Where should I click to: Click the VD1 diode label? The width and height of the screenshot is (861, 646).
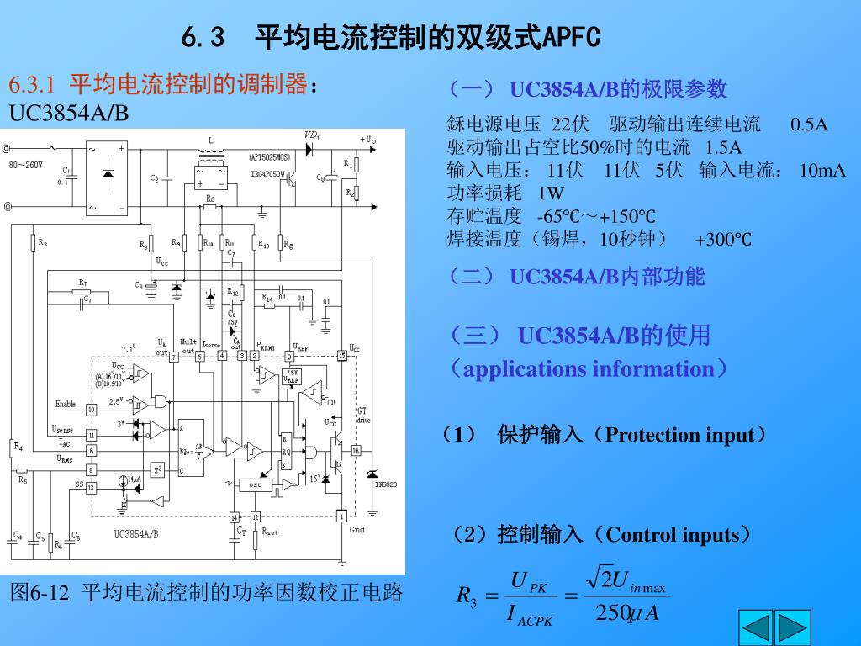[x=312, y=135]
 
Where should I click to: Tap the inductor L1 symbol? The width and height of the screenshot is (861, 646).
[x=212, y=159]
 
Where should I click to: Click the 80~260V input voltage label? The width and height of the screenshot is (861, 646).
[x=26, y=165]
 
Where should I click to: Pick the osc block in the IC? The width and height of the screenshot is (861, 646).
[x=255, y=484]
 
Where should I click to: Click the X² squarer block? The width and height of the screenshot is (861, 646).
[x=156, y=469]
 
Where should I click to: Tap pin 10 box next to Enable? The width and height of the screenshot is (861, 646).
[x=92, y=408]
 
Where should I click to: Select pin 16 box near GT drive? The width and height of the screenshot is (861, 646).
[x=355, y=451]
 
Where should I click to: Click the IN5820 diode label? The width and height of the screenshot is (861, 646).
[x=386, y=484]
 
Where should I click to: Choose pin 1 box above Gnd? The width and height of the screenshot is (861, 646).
[x=341, y=515]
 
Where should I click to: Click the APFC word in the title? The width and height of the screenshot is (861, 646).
[x=572, y=38]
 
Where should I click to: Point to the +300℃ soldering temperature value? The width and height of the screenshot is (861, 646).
[x=722, y=241]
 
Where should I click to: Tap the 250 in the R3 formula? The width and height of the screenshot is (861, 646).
[x=607, y=613]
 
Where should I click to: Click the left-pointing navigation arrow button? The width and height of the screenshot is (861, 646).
[x=755, y=628]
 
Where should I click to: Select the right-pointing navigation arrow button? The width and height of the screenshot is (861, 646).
[x=792, y=628]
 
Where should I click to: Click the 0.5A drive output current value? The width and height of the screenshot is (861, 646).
[x=809, y=125]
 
